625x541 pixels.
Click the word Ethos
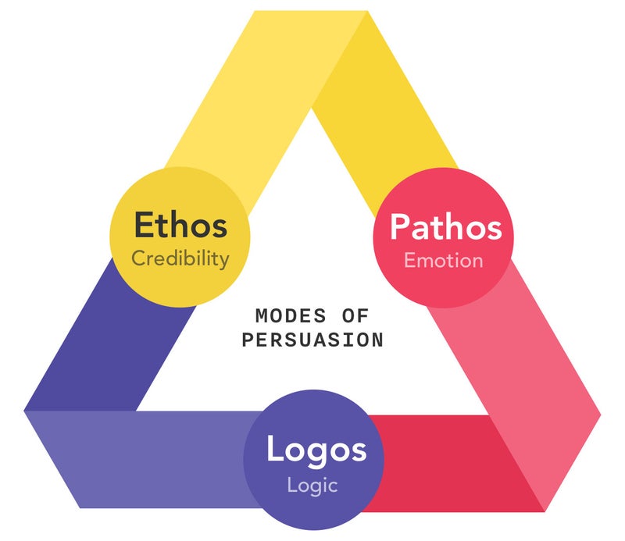point(180,225)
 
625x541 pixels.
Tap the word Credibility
point(180,258)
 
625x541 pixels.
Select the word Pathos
point(445,226)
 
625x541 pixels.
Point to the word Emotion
point(443,260)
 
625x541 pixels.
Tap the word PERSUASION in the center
point(312,340)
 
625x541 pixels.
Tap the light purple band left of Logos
point(141,461)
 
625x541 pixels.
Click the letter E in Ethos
point(143,225)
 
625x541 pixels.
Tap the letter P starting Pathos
point(400,226)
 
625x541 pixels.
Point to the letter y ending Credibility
point(224,261)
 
